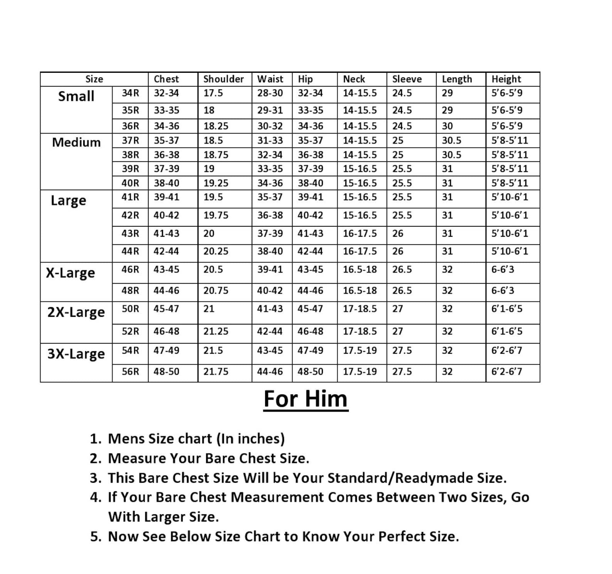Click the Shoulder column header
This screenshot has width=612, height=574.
(224, 79)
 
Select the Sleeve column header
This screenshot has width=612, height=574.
(407, 79)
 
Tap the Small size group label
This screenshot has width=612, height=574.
(76, 96)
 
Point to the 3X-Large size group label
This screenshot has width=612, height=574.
(76, 353)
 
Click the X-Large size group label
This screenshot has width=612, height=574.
(70, 273)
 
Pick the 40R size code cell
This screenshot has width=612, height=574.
(130, 183)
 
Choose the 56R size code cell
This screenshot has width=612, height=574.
(130, 372)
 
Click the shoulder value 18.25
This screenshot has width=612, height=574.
(216, 126)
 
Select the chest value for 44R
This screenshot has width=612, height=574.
(166, 251)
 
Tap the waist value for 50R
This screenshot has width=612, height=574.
(270, 309)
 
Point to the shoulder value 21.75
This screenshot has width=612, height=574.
(216, 372)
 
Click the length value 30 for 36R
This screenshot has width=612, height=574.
(447, 126)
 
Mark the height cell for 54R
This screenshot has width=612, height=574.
(506, 350)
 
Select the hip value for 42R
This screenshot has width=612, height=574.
(310, 215)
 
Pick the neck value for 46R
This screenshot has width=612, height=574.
(360, 269)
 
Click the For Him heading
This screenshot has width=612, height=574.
(306, 399)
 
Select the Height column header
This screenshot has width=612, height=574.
(506, 79)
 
